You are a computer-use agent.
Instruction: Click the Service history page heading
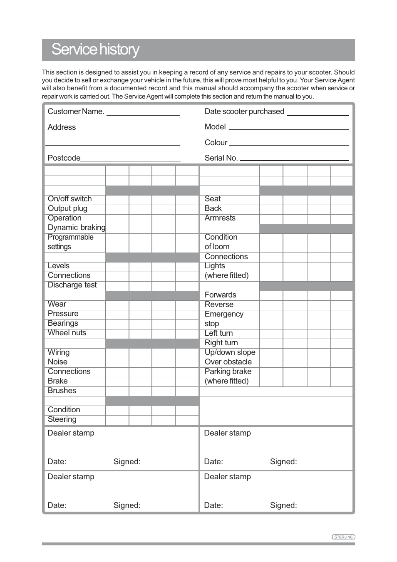95,50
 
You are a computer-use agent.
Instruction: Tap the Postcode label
64,158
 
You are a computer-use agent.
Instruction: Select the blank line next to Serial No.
294,158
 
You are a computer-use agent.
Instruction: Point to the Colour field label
216,143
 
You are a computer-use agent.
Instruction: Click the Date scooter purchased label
244,111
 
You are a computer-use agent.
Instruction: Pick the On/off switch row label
69,199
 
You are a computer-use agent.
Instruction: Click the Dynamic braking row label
76,228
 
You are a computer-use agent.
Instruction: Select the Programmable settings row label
70,242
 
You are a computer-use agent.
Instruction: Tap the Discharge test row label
72,285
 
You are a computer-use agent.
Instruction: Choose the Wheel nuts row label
67,333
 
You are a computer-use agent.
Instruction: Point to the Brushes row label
62,391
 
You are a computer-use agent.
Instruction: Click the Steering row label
62,419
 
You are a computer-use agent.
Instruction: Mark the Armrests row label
220,218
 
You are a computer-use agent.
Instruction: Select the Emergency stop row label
223,319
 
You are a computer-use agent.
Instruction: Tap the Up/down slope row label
230,352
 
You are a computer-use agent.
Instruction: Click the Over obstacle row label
228,362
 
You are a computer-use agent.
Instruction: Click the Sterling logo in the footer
343,537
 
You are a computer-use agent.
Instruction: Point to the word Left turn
218,333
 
